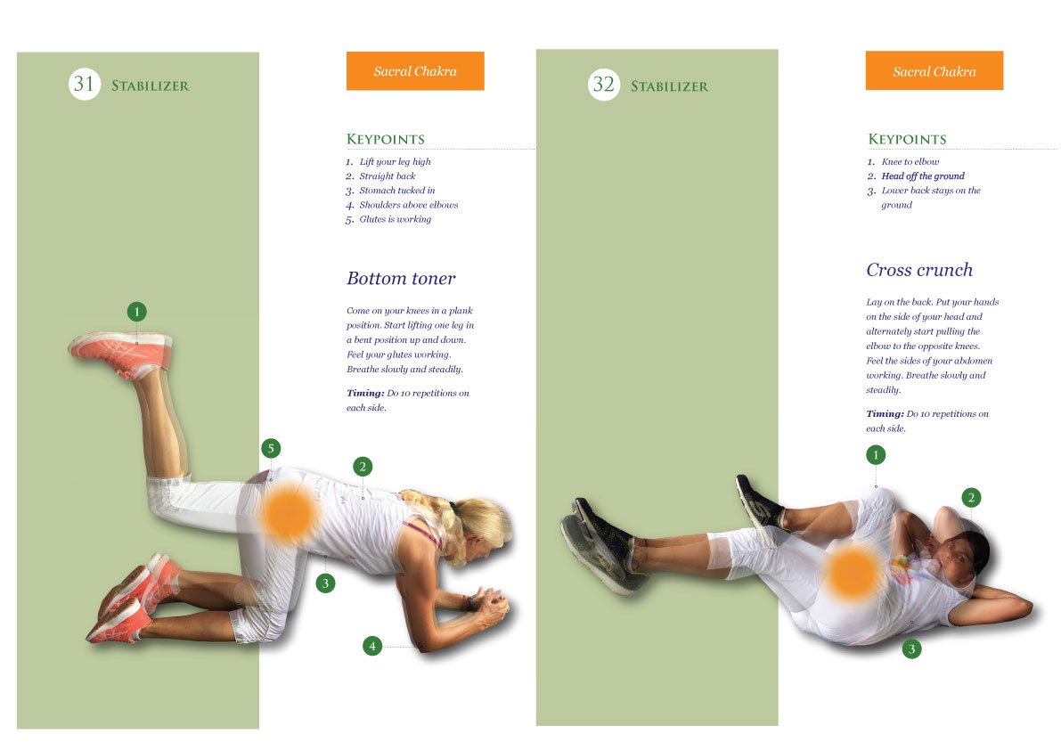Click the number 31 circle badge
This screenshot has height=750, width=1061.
pos(85,85)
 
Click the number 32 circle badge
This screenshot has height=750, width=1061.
pos(603,85)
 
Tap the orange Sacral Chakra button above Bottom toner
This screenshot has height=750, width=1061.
pos(415,71)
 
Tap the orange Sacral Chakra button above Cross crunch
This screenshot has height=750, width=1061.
pos(934,71)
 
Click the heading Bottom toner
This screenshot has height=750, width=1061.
pos(401,278)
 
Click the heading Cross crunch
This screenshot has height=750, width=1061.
pos(919,270)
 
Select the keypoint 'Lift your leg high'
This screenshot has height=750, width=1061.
pos(395,162)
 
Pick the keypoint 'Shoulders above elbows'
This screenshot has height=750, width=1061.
pos(408,205)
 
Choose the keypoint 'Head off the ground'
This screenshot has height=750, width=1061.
pos(923,176)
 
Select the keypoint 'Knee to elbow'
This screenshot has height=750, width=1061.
pos(910,162)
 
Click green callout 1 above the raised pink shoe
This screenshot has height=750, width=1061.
pos(136,312)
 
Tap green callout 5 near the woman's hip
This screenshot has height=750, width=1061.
pos(271,448)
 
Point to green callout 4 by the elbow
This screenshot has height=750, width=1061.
pos(372,646)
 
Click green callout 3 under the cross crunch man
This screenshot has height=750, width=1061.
pos(910,649)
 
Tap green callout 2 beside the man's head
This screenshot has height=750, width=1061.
pos(971,497)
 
